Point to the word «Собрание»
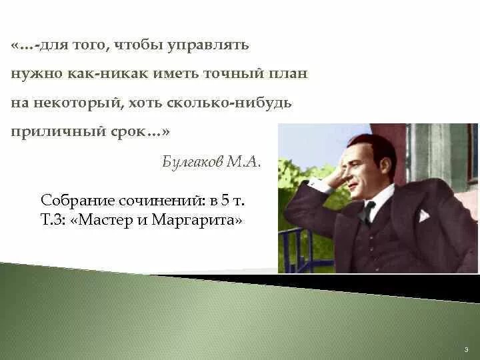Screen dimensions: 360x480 [70, 200]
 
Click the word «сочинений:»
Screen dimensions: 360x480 [145, 200]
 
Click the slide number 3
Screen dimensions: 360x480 [467, 349]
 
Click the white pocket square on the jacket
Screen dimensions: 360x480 [423, 216]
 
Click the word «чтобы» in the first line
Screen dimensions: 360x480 [137, 46]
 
